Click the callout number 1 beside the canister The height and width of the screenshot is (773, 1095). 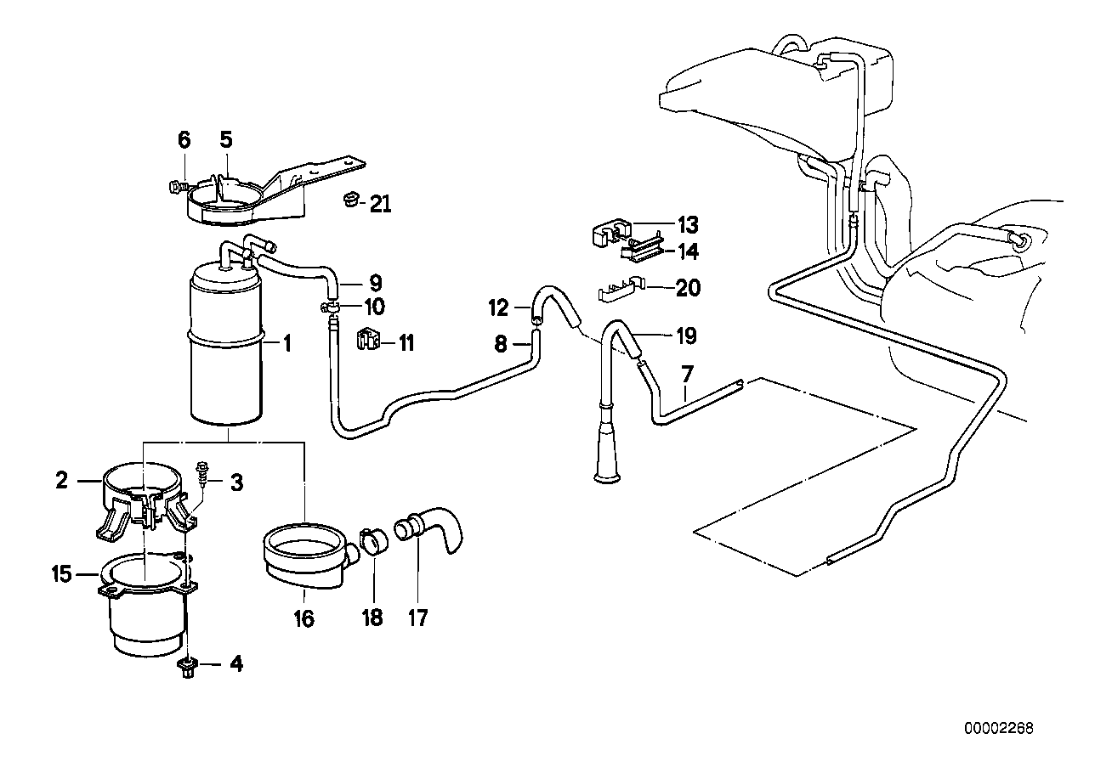coord(287,344)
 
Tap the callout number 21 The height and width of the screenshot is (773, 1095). coord(380,204)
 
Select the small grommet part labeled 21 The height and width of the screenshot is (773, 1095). coord(349,201)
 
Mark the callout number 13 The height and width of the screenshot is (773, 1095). coord(687,225)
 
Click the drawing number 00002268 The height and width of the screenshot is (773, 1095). coord(999,728)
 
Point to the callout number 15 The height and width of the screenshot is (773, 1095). coord(61,575)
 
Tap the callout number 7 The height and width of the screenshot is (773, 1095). coord(686,375)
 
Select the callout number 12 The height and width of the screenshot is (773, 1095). coord(498,306)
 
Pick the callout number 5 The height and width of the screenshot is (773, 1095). coord(225,138)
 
